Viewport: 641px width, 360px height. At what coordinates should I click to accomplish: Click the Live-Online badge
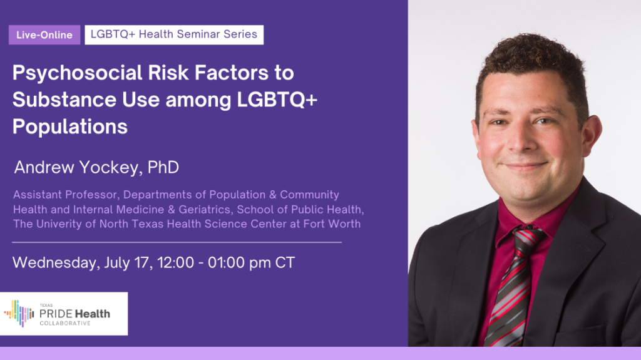[44, 35]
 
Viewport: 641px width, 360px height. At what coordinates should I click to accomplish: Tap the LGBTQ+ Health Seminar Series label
[174, 35]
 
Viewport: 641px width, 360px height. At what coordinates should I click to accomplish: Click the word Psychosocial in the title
[77, 73]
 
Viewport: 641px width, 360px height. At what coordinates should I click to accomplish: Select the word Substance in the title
[64, 100]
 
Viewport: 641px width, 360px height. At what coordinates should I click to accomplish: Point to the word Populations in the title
[70, 127]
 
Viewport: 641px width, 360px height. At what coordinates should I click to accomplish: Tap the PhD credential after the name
[163, 167]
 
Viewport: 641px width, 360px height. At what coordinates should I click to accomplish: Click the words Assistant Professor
[66, 194]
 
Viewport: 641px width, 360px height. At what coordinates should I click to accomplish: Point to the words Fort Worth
[332, 224]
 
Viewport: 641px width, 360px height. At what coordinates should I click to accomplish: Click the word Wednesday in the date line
[56, 262]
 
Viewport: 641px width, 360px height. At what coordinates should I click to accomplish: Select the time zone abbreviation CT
[285, 262]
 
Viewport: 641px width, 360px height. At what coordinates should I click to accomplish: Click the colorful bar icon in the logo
[19, 314]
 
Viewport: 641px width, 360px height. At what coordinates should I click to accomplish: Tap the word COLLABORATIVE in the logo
[64, 323]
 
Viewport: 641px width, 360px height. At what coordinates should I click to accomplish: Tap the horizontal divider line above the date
[177, 242]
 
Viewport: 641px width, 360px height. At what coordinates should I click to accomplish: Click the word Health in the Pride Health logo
[92, 314]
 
